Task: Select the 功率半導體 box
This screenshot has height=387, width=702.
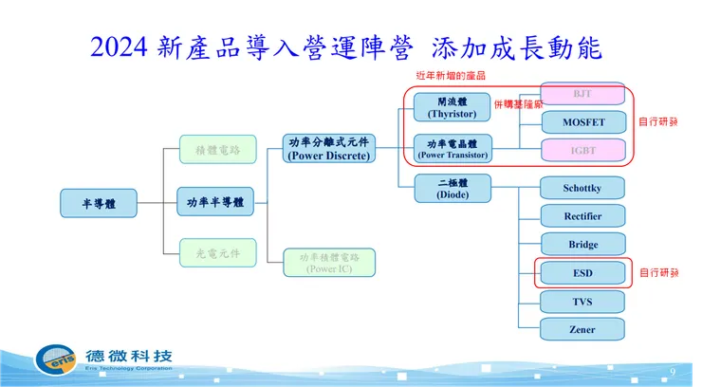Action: point(215,202)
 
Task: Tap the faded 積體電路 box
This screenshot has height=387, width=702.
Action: point(218,150)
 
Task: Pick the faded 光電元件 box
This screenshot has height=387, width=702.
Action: point(218,253)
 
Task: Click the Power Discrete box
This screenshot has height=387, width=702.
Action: point(329,149)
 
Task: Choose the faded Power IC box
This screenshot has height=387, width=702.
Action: point(329,262)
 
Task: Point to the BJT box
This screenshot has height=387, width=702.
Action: point(582,96)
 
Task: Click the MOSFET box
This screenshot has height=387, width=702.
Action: point(582,122)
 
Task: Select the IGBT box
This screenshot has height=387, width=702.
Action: point(582,149)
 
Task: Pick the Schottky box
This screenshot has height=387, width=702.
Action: point(582,188)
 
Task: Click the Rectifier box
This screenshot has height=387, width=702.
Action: point(582,216)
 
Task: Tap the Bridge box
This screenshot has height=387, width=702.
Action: point(582,245)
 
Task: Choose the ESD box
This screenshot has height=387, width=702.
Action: point(582,273)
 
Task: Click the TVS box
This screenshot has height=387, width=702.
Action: point(582,302)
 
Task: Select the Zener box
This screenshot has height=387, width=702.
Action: point(582,329)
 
